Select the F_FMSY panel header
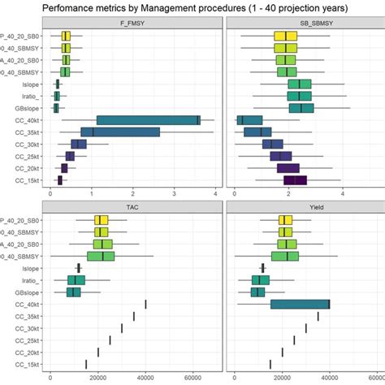132,24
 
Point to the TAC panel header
132,208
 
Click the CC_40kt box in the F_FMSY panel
148,120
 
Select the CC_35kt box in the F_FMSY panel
120,132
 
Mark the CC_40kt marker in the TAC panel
145,304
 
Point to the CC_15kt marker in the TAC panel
86,364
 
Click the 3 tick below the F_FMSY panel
174,194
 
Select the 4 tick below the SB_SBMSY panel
343,194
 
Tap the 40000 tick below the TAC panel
145,378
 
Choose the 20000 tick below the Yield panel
283,378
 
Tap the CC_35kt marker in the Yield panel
318,316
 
